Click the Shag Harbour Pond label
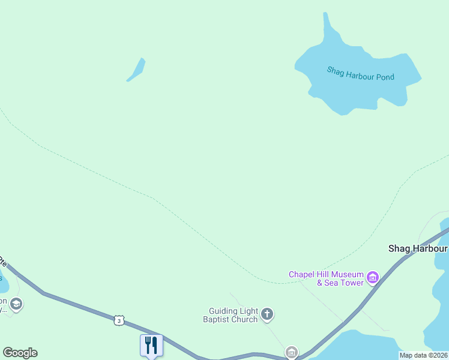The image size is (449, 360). coord(360,73)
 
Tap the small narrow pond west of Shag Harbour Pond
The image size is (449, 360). coord(137,70)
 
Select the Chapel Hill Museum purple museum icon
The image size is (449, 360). coord(373,277)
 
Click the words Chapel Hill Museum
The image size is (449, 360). coord(326,274)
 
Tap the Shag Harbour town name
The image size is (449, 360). coord(418,248)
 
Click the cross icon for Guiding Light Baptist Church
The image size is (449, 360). coord(267,313)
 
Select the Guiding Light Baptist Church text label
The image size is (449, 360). coord(233,315)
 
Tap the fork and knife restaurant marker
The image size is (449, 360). coord(151,345)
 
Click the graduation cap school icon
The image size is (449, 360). coord(16,304)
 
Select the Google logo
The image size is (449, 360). coord(20,353)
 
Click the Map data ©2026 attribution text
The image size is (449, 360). coord(424,355)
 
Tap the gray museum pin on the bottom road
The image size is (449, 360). coord(292,352)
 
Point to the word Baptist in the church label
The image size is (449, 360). coord(224,319)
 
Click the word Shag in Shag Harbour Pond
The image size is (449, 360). coord(335,70)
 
